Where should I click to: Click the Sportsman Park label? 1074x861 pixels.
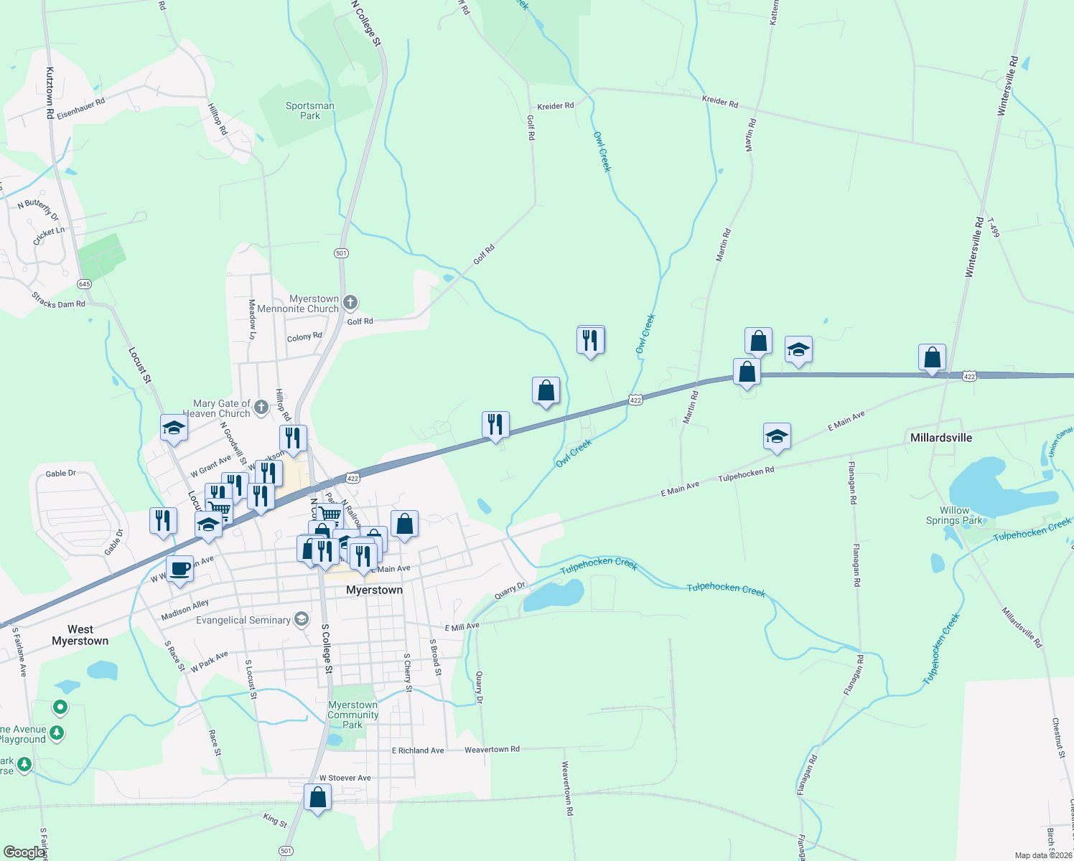tap(310, 110)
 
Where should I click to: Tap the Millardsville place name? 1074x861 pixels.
tap(940, 438)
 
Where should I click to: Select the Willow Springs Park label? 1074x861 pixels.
tap(954, 515)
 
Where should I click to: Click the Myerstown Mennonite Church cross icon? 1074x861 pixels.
tap(350, 302)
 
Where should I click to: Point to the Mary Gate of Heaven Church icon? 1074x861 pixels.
tap(261, 407)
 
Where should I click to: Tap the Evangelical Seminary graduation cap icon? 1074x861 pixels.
tap(302, 619)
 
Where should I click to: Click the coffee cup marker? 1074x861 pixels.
tap(180, 570)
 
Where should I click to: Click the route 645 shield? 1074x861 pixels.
tap(85, 284)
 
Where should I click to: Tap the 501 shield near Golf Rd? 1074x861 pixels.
tap(341, 253)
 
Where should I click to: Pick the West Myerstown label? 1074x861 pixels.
tap(80, 635)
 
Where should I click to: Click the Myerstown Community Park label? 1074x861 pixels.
tap(352, 715)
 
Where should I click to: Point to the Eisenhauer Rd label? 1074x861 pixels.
tap(81, 108)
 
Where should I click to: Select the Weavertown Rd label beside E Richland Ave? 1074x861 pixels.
tap(492, 749)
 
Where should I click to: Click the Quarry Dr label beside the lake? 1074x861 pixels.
tap(510, 591)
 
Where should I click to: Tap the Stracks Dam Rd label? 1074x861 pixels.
tap(58, 300)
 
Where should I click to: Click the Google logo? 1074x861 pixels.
tap(24, 852)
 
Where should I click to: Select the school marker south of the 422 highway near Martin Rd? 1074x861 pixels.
tap(777, 437)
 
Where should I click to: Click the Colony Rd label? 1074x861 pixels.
tap(304, 337)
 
